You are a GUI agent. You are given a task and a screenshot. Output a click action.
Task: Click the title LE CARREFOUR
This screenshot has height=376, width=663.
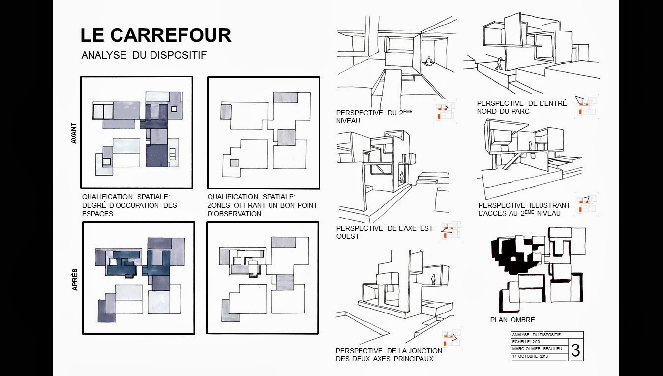coord(156,35)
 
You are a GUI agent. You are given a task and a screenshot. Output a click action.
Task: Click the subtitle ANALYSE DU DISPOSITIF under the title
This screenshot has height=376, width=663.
coord(144,55)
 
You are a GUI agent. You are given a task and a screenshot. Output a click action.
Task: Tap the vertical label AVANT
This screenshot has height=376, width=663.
coord(74,133)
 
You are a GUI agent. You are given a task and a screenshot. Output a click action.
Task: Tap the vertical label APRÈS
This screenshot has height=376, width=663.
coord(75,280)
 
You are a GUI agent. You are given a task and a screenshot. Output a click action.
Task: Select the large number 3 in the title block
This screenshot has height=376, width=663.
coord(575,350)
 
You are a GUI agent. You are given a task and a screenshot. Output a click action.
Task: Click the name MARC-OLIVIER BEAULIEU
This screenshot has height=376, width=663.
coord(537,349)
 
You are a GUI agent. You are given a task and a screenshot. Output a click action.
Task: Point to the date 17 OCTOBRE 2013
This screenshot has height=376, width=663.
coord(530,356)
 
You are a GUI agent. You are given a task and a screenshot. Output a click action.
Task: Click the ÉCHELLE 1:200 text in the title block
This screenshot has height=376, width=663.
coord(526,342)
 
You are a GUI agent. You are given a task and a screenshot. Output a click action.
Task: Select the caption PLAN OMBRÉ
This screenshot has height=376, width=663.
coord(512,320)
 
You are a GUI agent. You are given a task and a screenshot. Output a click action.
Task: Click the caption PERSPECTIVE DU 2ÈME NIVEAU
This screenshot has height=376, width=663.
coord(374,116)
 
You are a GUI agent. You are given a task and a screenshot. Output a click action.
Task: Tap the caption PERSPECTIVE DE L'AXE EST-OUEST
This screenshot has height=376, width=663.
coord(386,232)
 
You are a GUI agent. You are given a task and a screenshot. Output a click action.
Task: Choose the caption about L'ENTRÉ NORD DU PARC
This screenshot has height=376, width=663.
coord(521,107)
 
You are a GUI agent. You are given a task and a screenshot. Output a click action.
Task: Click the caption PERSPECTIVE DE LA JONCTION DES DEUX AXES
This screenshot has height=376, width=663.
coord(389,355)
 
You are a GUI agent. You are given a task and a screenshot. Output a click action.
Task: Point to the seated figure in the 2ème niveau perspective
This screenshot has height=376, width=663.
coord(428,62)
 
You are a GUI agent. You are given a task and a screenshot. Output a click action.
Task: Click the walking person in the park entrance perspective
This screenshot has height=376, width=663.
coord(500,63)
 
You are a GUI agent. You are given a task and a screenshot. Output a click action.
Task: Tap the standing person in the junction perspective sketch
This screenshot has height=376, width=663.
coord(433,280)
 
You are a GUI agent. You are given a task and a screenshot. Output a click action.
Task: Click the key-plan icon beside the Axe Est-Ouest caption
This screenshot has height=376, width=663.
coord(451,230)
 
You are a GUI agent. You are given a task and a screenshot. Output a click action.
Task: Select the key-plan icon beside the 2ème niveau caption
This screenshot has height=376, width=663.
coord(445,111)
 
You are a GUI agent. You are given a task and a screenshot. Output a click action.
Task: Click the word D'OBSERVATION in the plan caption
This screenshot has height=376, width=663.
coord(234,214)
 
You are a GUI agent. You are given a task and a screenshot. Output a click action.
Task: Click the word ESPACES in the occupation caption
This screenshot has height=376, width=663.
coord(97,214)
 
